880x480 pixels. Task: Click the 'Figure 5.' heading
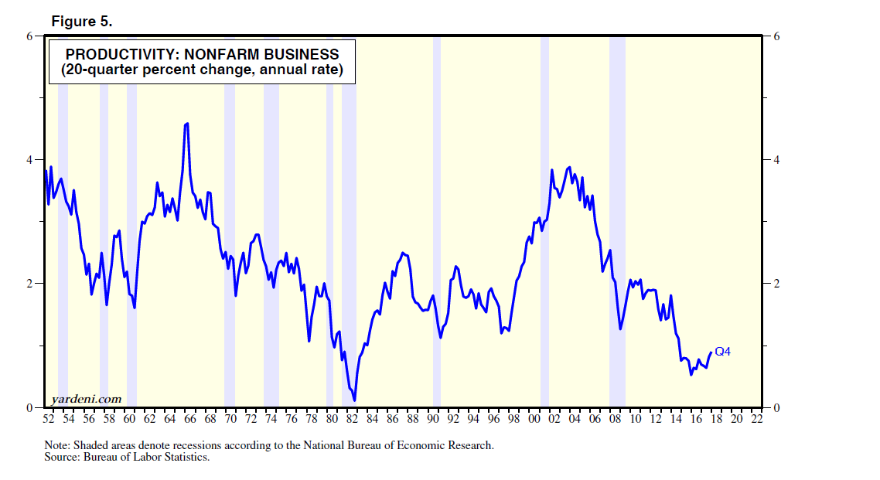click(82, 22)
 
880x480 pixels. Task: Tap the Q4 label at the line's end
click(722, 352)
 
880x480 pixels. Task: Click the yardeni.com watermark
click(86, 399)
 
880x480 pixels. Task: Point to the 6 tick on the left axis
click(31, 36)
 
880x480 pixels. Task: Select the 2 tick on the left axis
click(31, 284)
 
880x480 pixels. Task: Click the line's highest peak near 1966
click(187, 124)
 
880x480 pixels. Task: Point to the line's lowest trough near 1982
click(354, 400)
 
